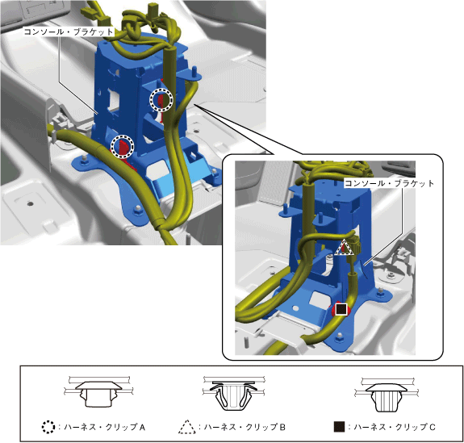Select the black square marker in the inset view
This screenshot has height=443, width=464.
[x=341, y=309]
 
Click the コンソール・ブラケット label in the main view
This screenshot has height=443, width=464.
[x=69, y=31]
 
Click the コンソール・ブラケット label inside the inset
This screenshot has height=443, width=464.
[x=390, y=183]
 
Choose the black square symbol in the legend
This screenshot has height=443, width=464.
[x=339, y=427]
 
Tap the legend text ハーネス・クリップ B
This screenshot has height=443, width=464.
[x=245, y=427]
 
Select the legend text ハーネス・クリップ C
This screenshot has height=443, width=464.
[x=395, y=427]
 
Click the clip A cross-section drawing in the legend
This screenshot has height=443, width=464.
[x=98, y=392]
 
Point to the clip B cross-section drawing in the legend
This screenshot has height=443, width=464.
[x=233, y=394]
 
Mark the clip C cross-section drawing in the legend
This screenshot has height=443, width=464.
[x=387, y=395]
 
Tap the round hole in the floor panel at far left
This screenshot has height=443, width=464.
[x=30, y=203]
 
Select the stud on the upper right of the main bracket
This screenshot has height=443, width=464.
[x=194, y=73]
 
